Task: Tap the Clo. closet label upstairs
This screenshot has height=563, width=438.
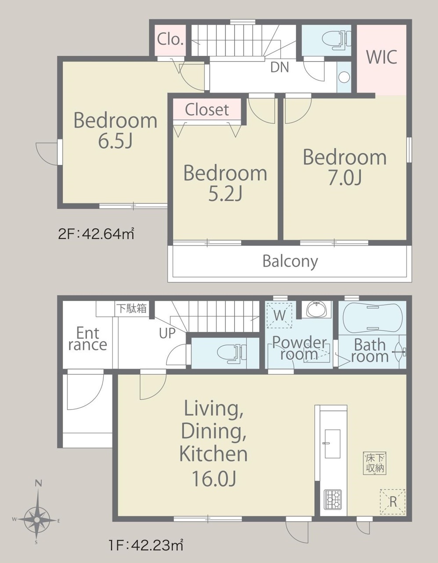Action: coord(170,40)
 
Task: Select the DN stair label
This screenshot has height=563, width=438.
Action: coord(279,67)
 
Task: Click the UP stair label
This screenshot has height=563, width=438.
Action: coord(167,333)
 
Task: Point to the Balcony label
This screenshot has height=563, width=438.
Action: coord(290,261)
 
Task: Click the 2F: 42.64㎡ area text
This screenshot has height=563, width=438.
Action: coord(96,234)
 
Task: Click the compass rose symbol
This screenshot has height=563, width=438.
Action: coord(37,519)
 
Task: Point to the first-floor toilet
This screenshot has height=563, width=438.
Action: coord(232,353)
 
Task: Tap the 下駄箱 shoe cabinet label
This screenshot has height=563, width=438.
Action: coord(131,308)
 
